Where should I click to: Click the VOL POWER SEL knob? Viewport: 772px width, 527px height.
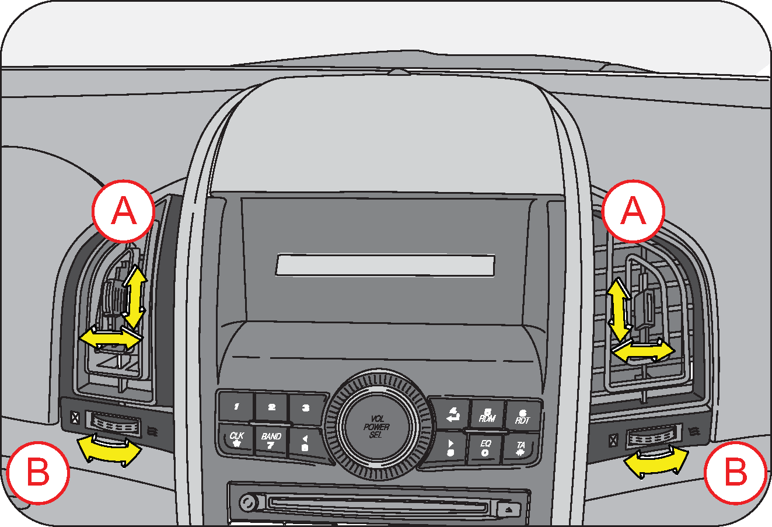pyautogui.click(x=375, y=427)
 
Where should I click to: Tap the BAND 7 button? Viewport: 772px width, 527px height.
pyautogui.click(x=271, y=441)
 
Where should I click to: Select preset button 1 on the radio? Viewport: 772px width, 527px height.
pyautogui.click(x=236, y=406)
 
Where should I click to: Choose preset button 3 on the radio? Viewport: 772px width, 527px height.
pyautogui.click(x=306, y=408)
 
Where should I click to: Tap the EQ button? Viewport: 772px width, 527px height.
pyautogui.click(x=485, y=448)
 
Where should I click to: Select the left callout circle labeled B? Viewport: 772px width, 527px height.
pyautogui.click(x=39, y=472)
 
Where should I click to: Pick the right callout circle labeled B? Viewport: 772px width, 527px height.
pyautogui.click(x=735, y=472)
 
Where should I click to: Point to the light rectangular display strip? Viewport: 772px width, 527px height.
pyautogui.click(x=385, y=265)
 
